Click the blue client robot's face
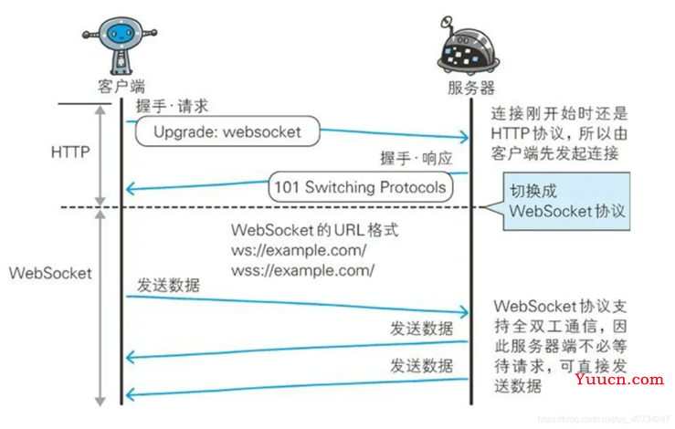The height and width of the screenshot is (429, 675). pos(120,33)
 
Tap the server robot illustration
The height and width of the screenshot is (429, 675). pos(468,46)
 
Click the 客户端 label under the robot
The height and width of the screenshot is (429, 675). pos(121,87)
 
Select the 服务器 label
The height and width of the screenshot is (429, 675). pos(471,88)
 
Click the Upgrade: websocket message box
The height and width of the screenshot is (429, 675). pos(227,131)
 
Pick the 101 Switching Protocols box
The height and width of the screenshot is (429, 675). pos(360,187)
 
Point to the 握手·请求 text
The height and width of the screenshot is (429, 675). pos(173,106)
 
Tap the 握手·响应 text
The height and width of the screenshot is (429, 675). pos(417,158)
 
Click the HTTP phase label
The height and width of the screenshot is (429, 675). pos(70,152)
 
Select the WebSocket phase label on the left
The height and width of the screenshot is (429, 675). pos(50,273)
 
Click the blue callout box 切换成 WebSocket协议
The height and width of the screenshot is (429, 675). pos(566,202)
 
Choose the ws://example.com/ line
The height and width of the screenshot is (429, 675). pos(299,250)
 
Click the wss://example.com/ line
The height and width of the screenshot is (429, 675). pos(302,270)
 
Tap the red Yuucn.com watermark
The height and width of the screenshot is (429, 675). pos(619,379)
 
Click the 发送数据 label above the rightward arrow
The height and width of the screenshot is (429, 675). pos(168,286)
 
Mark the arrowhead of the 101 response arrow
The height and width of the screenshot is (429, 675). pos(130,188)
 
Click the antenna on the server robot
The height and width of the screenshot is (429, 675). pos(448,25)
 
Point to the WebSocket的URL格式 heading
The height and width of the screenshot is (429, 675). pos(315,230)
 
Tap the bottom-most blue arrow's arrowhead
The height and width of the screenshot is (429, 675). pos(130,394)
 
